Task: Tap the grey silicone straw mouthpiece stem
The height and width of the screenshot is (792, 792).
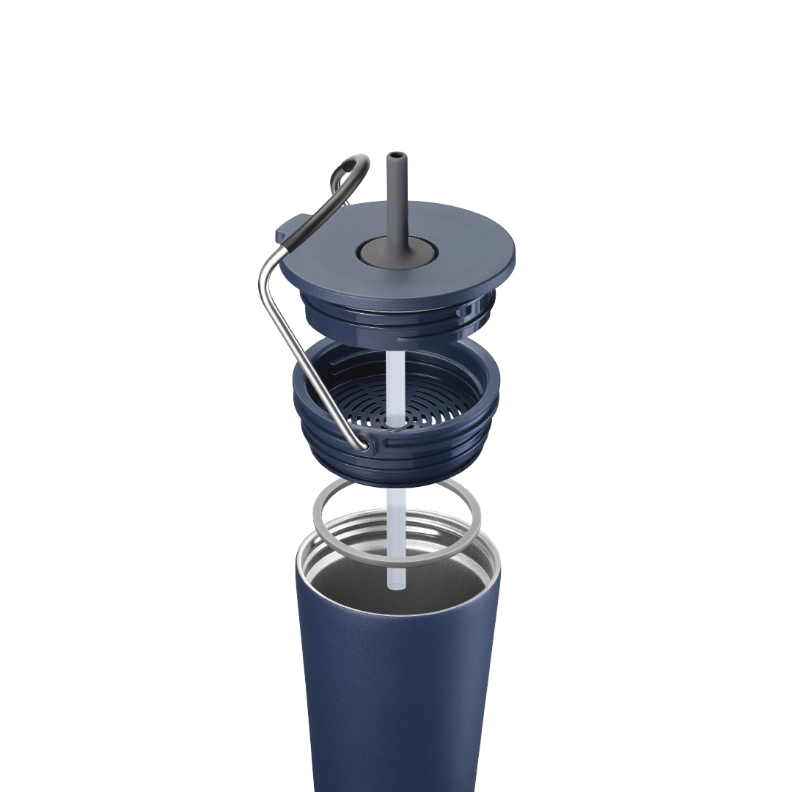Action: click(396, 198)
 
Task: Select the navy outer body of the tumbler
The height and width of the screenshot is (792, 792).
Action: click(396, 697)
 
